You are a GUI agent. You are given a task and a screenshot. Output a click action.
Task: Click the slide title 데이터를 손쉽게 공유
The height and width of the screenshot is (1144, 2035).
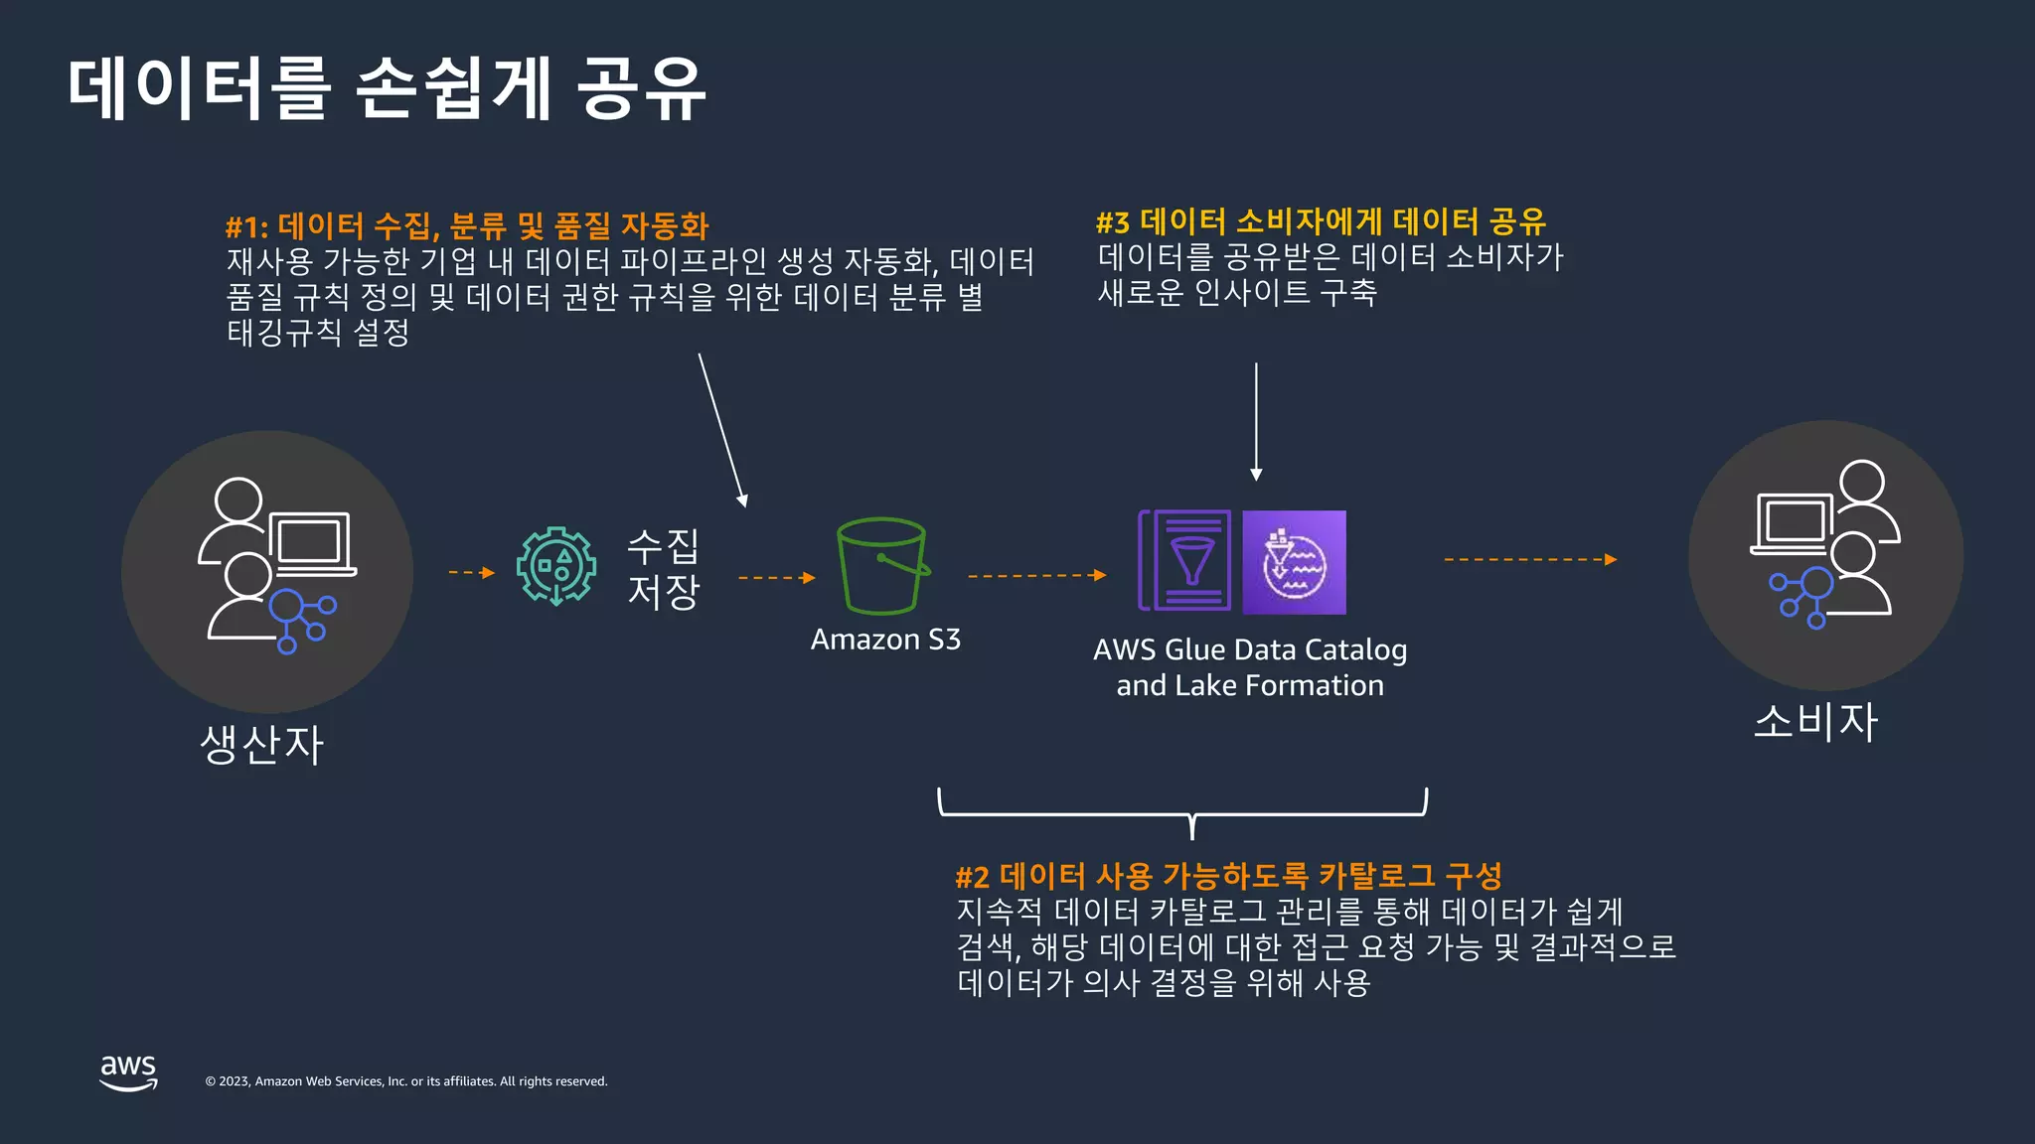(387, 89)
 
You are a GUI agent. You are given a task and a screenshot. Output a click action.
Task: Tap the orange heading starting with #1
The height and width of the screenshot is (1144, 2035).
(467, 226)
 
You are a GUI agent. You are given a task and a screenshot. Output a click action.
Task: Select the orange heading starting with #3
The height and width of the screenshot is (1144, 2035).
(1321, 221)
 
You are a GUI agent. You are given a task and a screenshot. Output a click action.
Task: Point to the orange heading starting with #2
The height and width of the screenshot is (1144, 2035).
(1228, 876)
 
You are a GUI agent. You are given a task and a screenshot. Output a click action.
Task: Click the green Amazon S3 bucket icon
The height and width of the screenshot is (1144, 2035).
(882, 566)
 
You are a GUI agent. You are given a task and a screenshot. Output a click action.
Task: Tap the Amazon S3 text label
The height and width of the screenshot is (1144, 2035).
(885, 640)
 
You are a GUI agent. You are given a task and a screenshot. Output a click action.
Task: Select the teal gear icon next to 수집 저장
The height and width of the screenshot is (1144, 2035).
(556, 566)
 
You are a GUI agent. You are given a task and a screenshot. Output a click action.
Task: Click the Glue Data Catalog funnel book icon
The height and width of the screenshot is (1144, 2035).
(1185, 561)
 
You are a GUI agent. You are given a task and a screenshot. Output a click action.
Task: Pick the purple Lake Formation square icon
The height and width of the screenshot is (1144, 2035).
(1294, 562)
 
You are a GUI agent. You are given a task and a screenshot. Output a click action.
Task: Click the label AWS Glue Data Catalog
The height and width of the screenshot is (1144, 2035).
(1250, 650)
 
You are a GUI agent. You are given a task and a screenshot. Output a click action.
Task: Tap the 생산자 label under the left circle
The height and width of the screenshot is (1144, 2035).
(262, 745)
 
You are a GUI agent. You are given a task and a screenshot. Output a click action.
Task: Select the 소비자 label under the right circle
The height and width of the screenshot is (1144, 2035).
(1815, 722)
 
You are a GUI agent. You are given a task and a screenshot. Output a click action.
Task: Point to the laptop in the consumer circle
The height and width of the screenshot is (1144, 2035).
(1794, 522)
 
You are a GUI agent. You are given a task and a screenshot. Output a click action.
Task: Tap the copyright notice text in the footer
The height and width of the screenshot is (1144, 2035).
(406, 1081)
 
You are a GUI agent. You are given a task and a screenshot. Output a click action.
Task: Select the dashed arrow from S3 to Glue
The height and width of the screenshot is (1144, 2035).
(1036, 575)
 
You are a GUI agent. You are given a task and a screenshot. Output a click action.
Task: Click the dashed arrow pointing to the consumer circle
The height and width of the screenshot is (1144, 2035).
(1530, 560)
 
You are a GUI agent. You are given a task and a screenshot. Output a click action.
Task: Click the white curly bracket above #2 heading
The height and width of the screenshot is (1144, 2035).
(1182, 812)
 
